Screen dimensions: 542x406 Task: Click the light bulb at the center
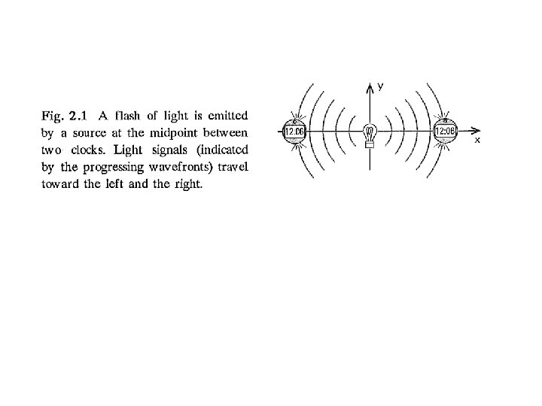tap(369, 131)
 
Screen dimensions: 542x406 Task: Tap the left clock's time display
tap(294, 132)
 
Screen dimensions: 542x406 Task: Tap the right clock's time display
tap(445, 132)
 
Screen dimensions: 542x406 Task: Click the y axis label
tap(380, 86)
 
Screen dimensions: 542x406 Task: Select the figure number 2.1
tap(78, 117)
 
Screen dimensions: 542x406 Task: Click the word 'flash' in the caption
tap(127, 117)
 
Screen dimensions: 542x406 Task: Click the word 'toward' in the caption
tap(59, 183)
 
